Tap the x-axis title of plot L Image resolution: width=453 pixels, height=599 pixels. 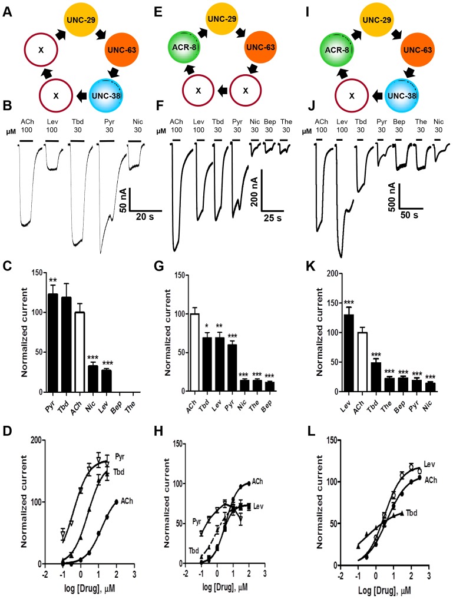[376, 589]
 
